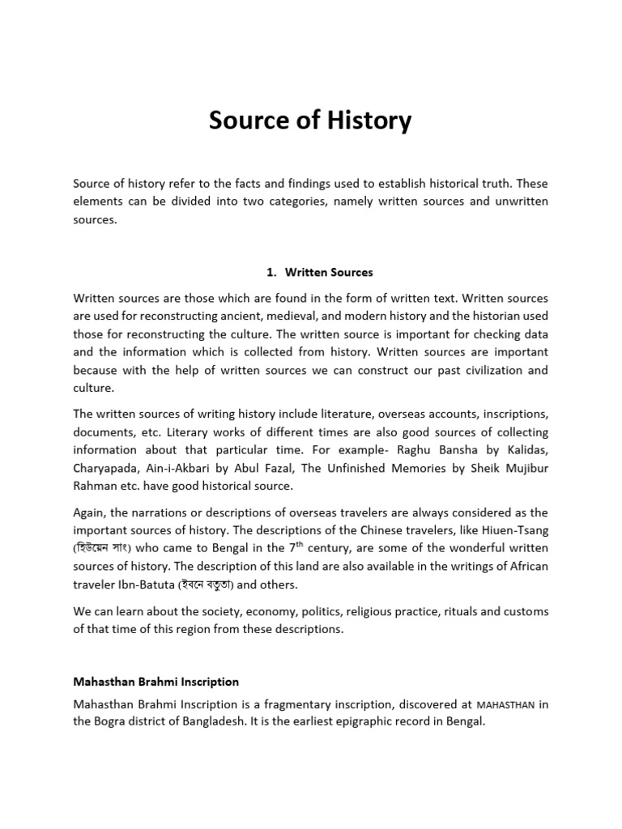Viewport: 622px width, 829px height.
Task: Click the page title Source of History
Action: click(x=310, y=121)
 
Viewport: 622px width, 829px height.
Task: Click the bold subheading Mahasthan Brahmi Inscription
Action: click(x=155, y=682)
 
